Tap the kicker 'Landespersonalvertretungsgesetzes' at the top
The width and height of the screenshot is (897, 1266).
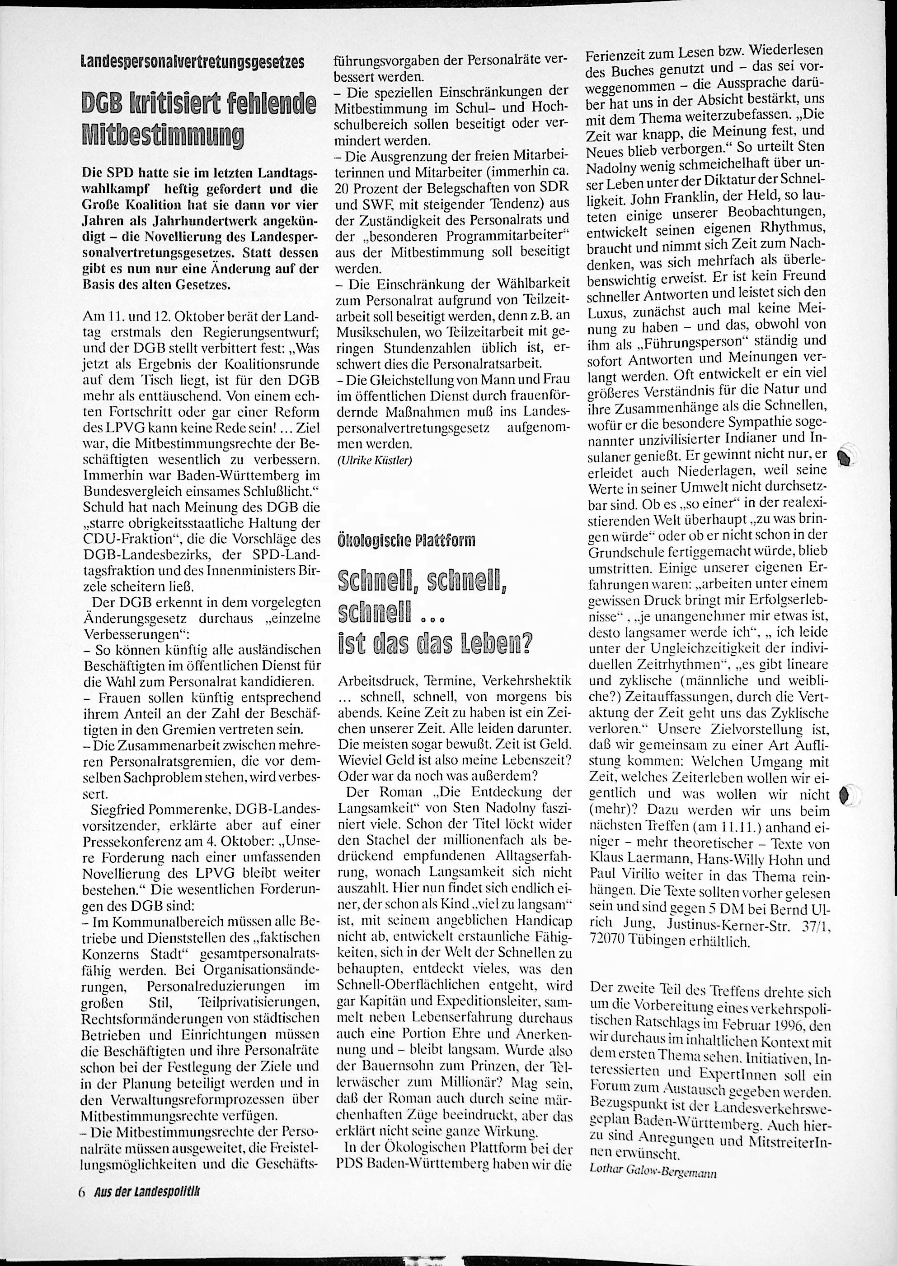tap(193, 62)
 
